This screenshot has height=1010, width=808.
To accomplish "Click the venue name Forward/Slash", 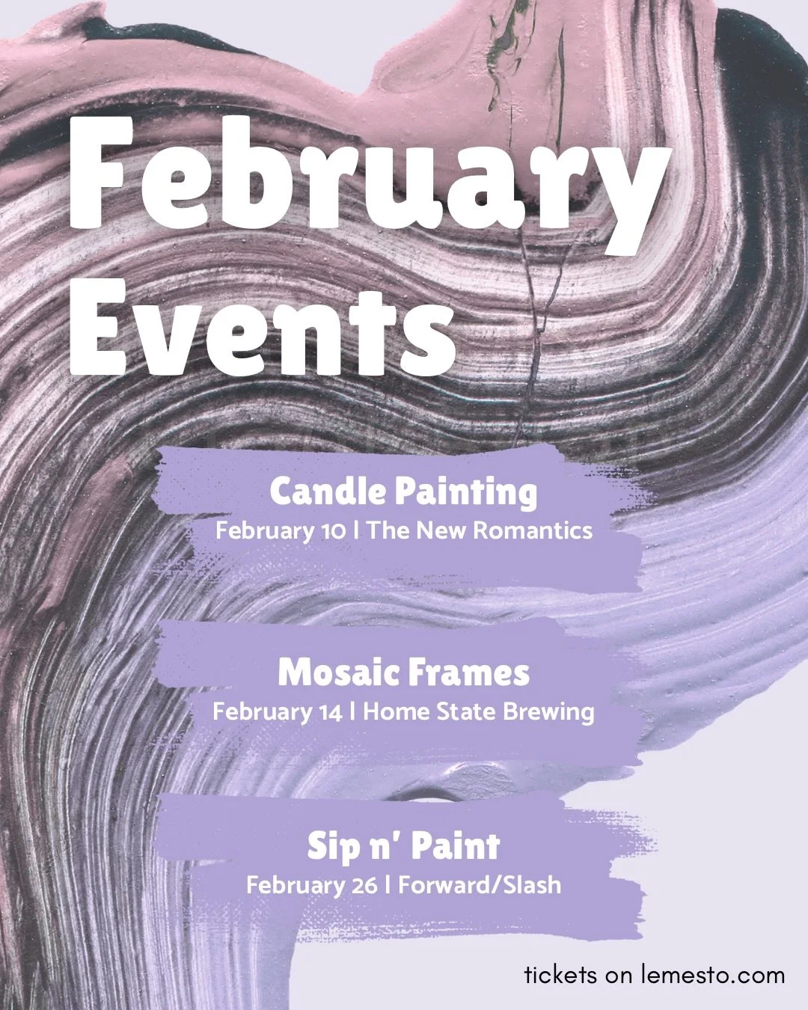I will (x=480, y=885).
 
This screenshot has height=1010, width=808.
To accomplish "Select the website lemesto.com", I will (x=712, y=975).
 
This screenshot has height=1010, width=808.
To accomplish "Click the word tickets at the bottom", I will (x=560, y=975).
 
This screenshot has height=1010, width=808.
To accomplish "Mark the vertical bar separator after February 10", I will (x=357, y=530).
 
